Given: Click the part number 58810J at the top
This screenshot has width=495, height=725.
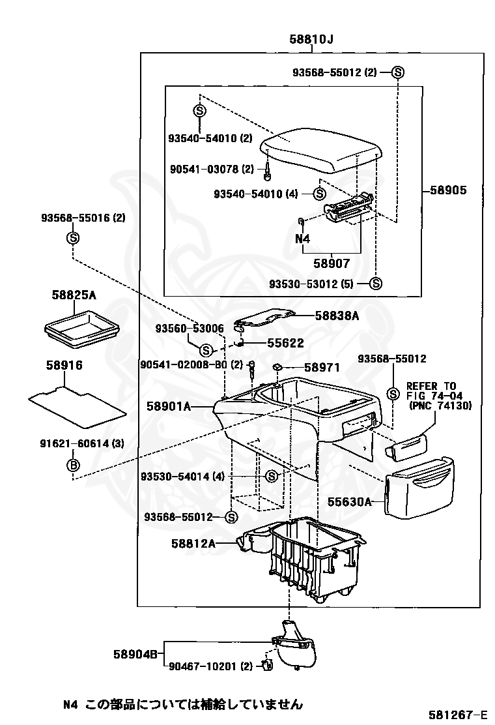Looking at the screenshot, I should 311,40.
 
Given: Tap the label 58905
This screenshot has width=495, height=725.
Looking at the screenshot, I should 447,191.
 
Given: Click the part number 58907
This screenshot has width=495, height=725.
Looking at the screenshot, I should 331,264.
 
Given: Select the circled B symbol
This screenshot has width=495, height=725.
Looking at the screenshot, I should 74,465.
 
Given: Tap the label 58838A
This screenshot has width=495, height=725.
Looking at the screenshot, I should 337,316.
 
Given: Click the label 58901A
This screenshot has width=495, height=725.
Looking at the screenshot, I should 168,406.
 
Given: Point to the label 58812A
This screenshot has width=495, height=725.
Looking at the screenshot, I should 193,542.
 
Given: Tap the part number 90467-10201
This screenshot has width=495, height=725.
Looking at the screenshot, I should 203,666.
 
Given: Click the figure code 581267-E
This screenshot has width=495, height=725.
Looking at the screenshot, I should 457,714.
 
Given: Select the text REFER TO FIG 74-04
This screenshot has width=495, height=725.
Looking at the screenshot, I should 432,391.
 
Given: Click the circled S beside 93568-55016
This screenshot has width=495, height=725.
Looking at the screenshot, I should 73,237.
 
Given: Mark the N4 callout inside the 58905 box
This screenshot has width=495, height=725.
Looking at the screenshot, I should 303,239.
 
